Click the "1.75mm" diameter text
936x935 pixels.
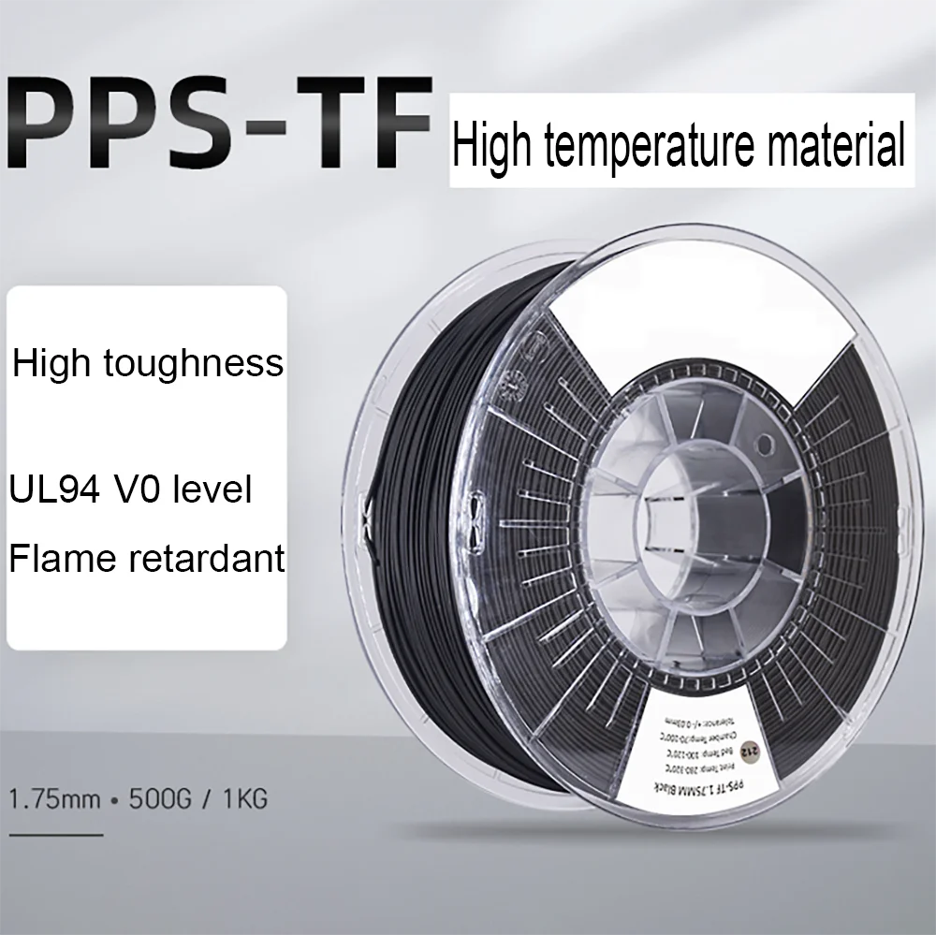51,799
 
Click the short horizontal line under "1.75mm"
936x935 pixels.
55,832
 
